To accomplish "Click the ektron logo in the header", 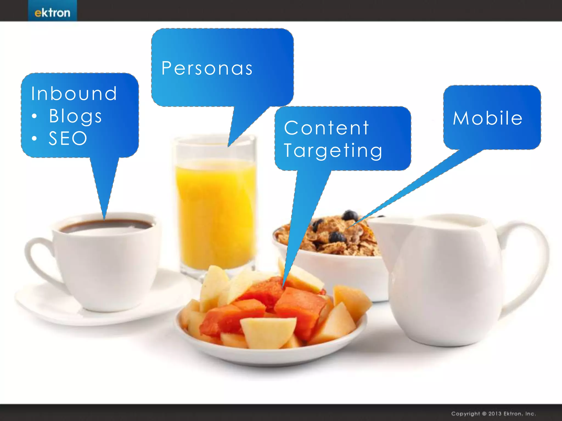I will (x=52, y=12).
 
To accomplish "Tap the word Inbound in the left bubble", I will (x=74, y=93).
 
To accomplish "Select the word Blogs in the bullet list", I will (x=75, y=116).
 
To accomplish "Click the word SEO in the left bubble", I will (x=68, y=138).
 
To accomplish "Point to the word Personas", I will (x=207, y=68).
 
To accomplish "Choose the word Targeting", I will (x=333, y=150).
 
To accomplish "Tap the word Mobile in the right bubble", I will (x=488, y=118).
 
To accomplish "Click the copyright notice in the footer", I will (x=493, y=413).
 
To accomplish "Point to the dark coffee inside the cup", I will (x=106, y=225).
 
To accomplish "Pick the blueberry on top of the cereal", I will (x=350, y=215).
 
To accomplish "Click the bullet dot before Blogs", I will (x=34, y=116).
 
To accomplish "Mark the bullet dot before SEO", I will (x=34, y=138).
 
